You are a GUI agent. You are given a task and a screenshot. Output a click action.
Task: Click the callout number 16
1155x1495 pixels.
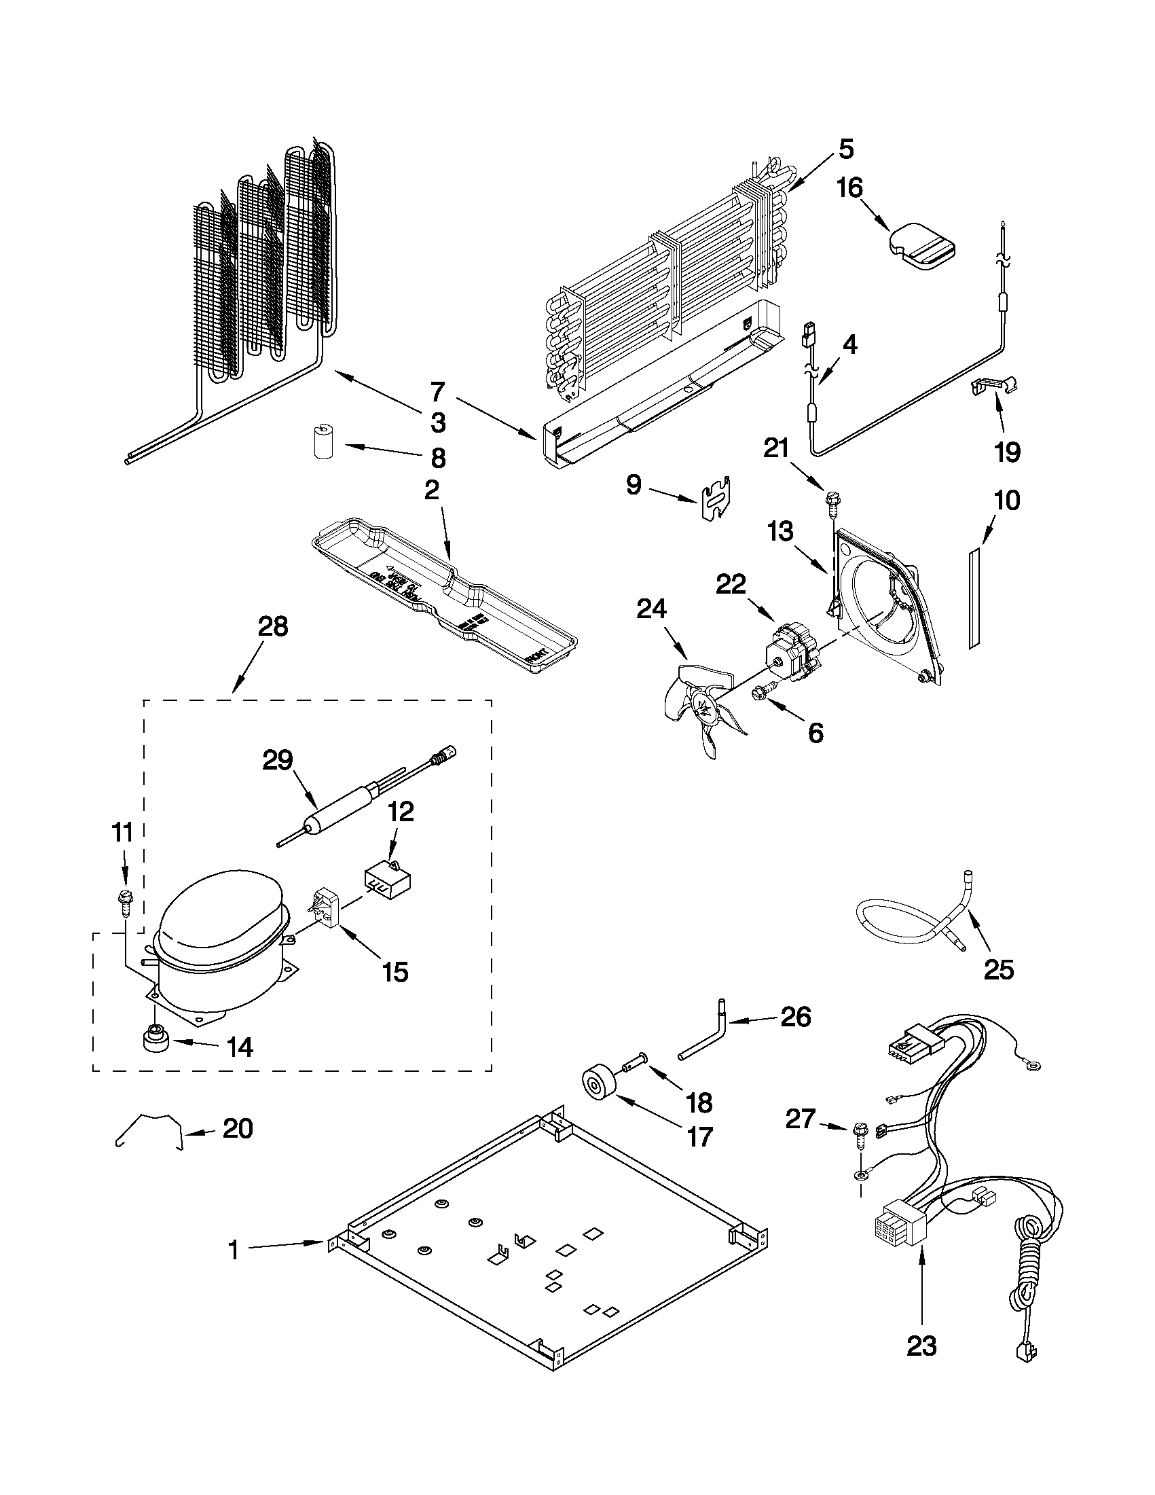[851, 187]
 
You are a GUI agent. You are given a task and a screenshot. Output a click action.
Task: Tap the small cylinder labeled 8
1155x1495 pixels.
[320, 441]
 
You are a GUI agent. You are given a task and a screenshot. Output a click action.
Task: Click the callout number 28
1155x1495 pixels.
[273, 627]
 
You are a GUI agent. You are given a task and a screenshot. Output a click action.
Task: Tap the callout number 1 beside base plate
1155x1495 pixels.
[234, 1250]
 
